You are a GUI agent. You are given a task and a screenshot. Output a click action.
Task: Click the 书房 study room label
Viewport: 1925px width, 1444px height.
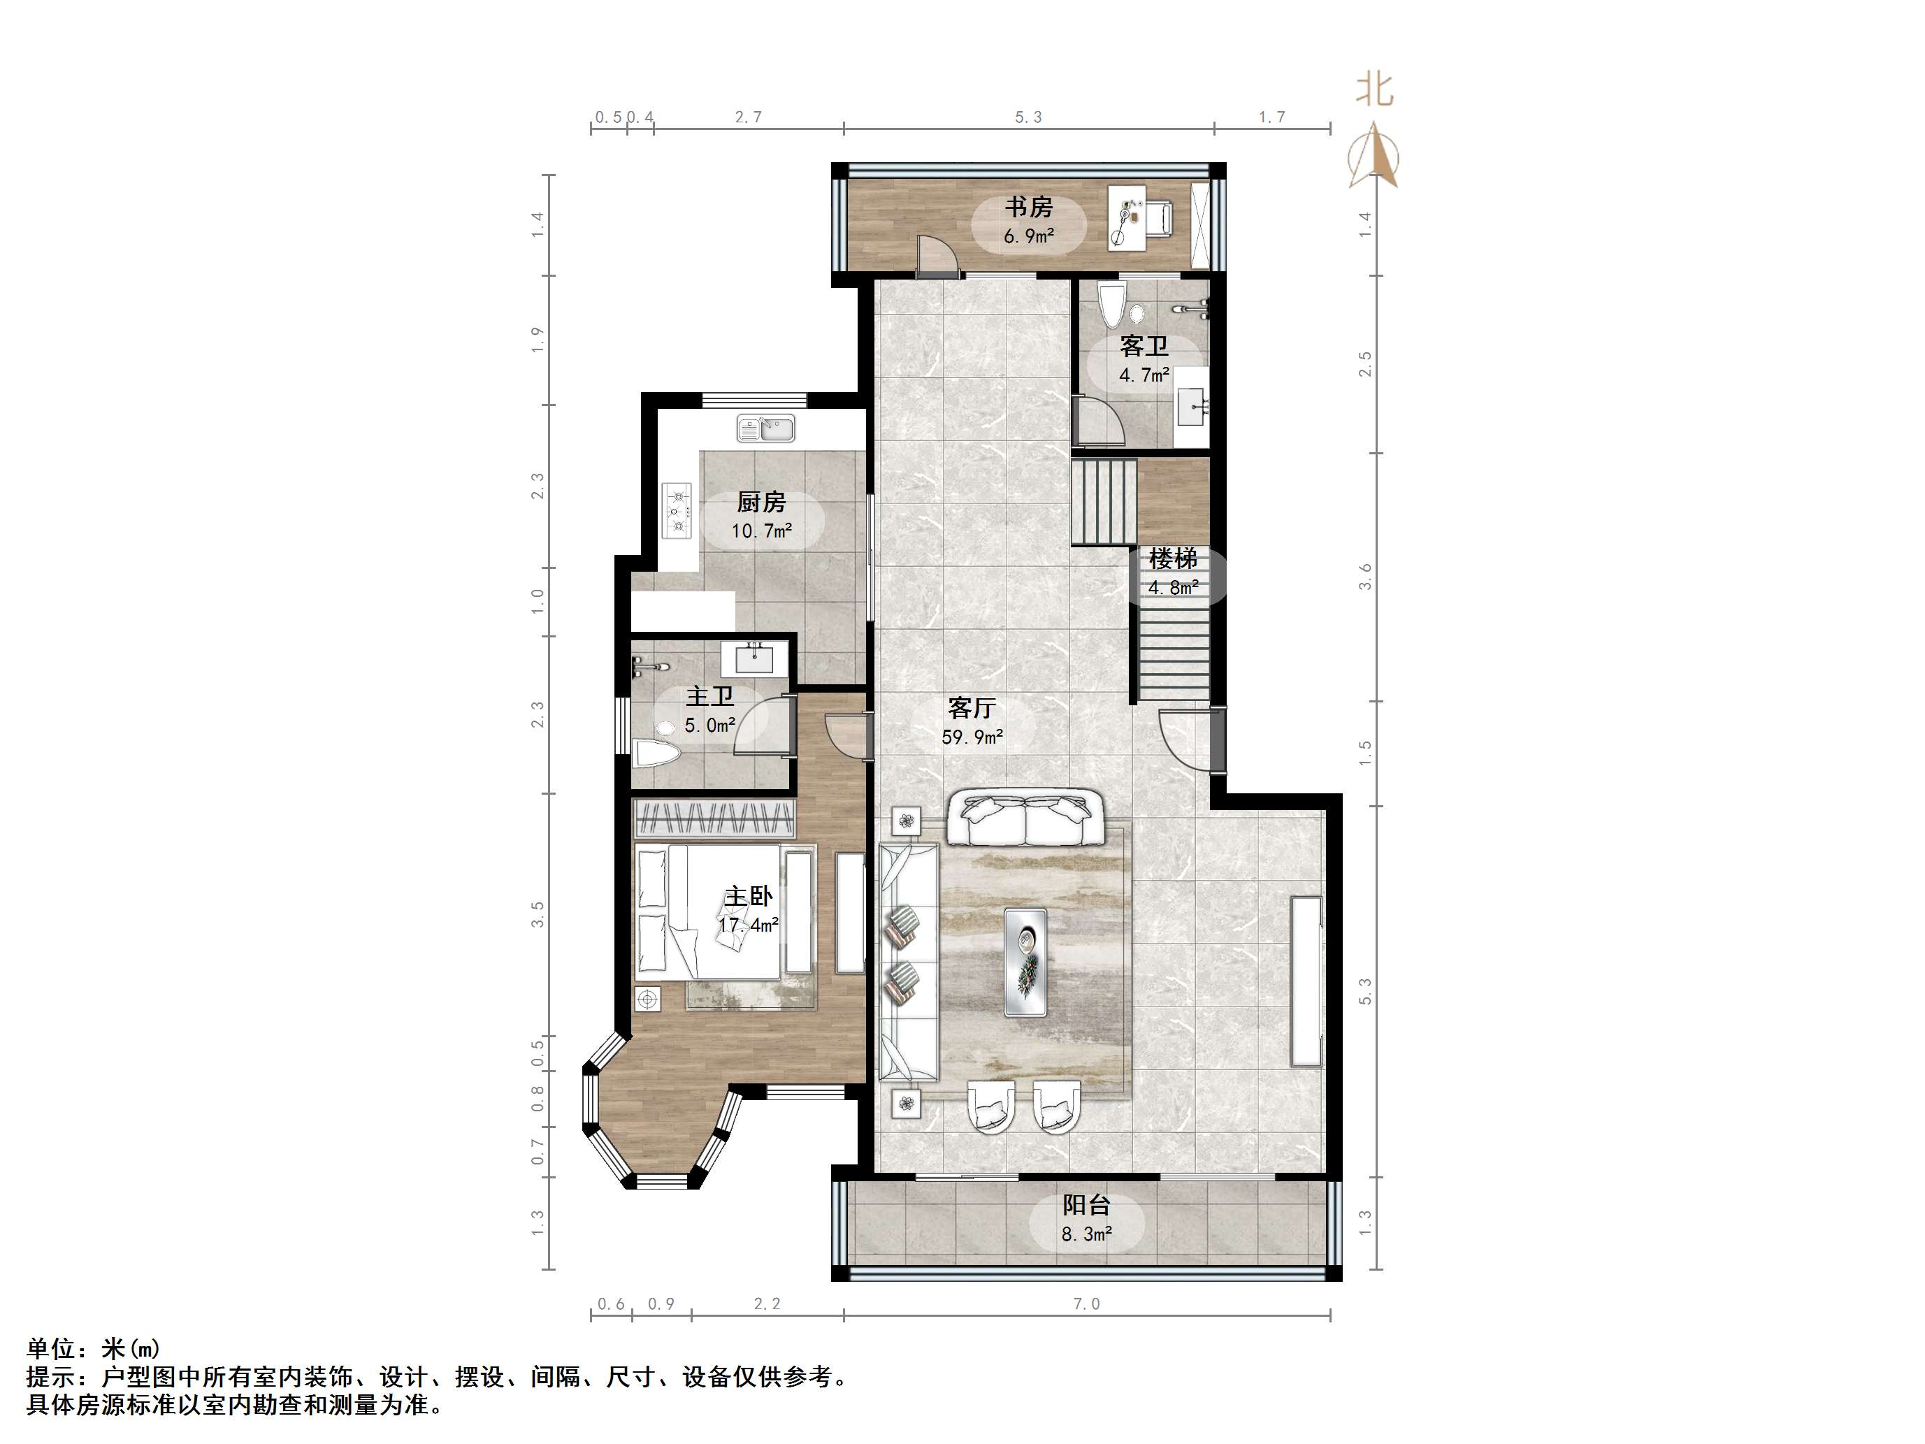pos(1029,207)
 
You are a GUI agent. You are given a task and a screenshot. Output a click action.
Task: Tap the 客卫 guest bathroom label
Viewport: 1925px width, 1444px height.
pos(1144,347)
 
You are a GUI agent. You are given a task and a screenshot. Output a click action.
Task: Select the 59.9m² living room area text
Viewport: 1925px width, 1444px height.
pos(972,737)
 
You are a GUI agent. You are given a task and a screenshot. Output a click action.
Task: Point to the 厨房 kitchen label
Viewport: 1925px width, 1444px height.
pos(760,503)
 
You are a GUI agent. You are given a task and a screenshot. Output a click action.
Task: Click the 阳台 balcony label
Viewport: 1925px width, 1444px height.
pos(1086,1206)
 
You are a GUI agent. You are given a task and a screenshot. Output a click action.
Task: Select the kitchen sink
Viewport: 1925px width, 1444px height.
pos(766,428)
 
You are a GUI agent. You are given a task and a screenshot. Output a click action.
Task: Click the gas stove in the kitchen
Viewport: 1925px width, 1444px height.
pos(677,511)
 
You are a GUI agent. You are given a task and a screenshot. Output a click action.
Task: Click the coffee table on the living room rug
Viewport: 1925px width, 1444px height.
pos(1026,961)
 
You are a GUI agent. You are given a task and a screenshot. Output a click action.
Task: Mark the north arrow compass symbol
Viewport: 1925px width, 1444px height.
pos(1374,157)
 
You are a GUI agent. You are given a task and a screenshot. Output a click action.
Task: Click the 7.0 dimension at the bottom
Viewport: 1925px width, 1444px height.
pos(1086,1304)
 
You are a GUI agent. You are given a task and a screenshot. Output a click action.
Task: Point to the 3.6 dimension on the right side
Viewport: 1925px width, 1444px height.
pos(1364,576)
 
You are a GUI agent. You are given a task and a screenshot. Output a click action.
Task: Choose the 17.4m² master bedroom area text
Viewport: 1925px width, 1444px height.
pos(749,925)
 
